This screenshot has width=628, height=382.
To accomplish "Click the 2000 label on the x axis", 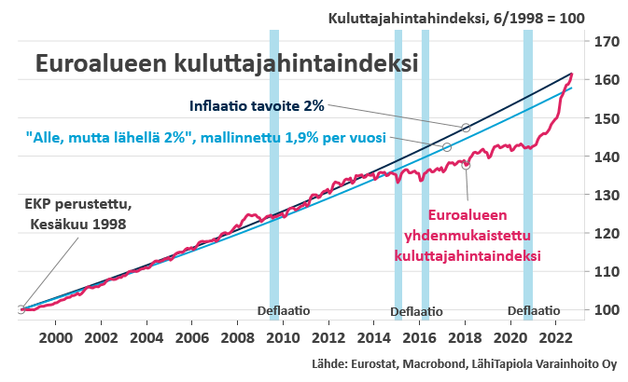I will [55, 336].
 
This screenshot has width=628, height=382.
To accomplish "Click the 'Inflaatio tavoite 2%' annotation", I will [257, 104].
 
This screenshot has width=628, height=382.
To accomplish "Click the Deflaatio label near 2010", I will [284, 310].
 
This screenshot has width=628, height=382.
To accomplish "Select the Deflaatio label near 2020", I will [534, 310].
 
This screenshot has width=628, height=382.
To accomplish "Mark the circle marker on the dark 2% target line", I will [467, 127].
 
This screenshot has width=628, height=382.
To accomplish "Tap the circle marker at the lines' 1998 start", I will [21, 309].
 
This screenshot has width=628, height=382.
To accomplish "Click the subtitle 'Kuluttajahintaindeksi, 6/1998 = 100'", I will [457, 18].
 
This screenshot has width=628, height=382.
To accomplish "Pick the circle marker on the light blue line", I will [447, 147].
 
